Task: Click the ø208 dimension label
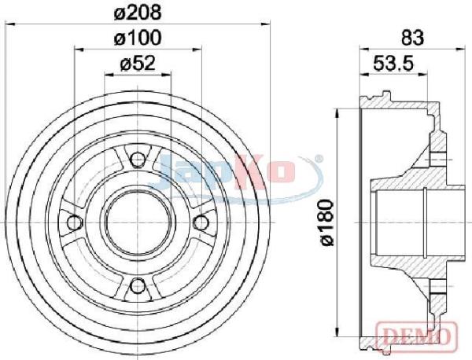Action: click(138, 13)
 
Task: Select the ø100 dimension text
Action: click(138, 39)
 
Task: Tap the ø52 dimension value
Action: click(138, 64)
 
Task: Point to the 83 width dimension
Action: click(412, 39)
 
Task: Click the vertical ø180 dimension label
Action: click(326, 222)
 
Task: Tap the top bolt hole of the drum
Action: click(138, 160)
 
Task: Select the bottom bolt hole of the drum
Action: click(138, 285)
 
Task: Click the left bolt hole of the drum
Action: click(75, 222)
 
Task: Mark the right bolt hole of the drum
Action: click(201, 222)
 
